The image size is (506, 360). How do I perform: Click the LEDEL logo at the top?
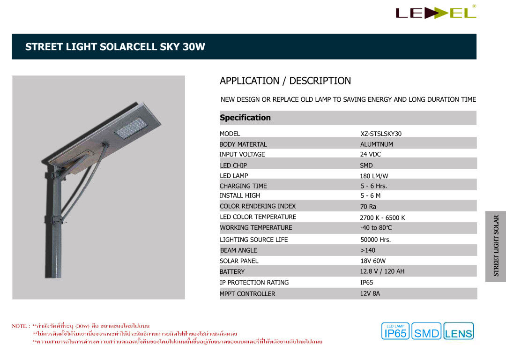436,13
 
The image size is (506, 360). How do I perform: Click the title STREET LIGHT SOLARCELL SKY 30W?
115,47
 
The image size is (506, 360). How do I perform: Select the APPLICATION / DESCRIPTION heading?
285,81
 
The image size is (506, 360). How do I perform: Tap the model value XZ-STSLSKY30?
381,134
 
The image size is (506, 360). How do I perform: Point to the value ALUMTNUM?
377,144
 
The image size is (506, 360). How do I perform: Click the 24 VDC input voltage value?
371,154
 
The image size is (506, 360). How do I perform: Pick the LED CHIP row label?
233,165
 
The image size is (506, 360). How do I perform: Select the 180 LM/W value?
374,176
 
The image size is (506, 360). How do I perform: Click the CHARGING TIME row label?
243,186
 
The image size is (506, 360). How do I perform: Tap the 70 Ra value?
368,206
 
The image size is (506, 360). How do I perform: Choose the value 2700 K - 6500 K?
382,217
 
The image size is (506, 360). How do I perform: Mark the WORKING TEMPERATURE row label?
256,227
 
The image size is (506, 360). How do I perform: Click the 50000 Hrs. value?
375,240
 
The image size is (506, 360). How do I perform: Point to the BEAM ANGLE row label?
238,250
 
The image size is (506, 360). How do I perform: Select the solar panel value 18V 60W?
373,261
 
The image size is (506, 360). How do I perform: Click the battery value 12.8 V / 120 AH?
382,271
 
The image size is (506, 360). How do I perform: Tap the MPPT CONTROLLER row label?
247,294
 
